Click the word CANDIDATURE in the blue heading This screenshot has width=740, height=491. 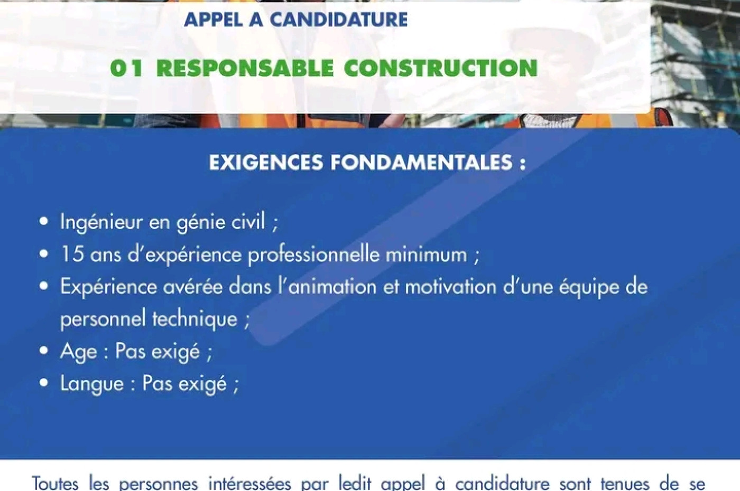pyautogui.click(x=339, y=19)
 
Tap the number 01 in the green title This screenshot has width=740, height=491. pyautogui.click(x=126, y=68)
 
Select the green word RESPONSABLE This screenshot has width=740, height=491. pyautogui.click(x=245, y=68)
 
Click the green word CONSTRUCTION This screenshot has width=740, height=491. pyautogui.click(x=441, y=68)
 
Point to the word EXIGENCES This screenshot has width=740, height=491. pyautogui.click(x=265, y=163)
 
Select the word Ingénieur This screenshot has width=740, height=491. pyautogui.click(x=100, y=222)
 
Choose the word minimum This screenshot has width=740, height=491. pyautogui.click(x=427, y=254)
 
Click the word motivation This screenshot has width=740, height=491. pyautogui.click(x=450, y=286)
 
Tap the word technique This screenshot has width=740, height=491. pyautogui.click(x=195, y=319)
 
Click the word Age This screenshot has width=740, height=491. pyautogui.click(x=78, y=352)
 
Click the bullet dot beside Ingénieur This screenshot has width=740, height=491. pyautogui.click(x=43, y=221)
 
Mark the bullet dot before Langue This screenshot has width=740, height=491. pyautogui.click(x=43, y=383)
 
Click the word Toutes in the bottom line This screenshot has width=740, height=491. pyautogui.click(x=55, y=484)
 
